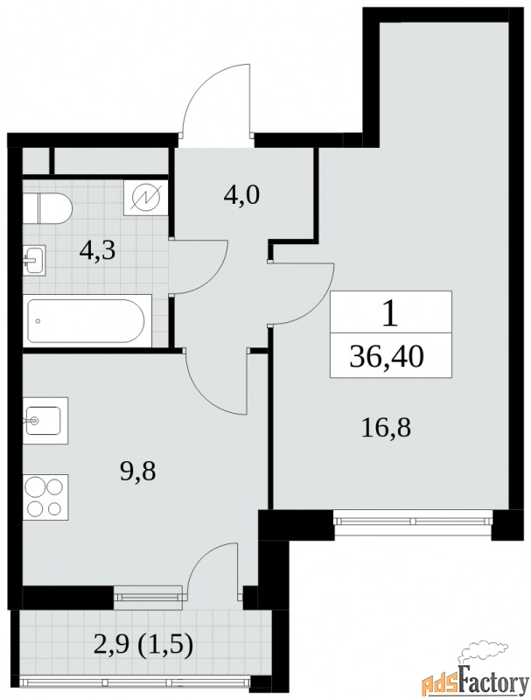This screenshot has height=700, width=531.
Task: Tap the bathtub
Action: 87,320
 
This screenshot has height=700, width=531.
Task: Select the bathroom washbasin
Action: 34,260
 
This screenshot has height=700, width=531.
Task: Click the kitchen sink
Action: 45,420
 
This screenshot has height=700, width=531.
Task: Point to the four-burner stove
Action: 45,497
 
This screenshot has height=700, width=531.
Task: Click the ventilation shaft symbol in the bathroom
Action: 146,198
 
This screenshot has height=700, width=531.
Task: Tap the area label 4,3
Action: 97,251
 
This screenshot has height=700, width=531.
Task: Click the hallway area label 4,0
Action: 241,194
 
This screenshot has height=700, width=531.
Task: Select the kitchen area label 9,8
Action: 137,472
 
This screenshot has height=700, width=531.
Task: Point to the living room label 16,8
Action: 386,428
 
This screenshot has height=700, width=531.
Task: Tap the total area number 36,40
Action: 387,357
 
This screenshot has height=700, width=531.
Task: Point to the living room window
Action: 413,521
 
